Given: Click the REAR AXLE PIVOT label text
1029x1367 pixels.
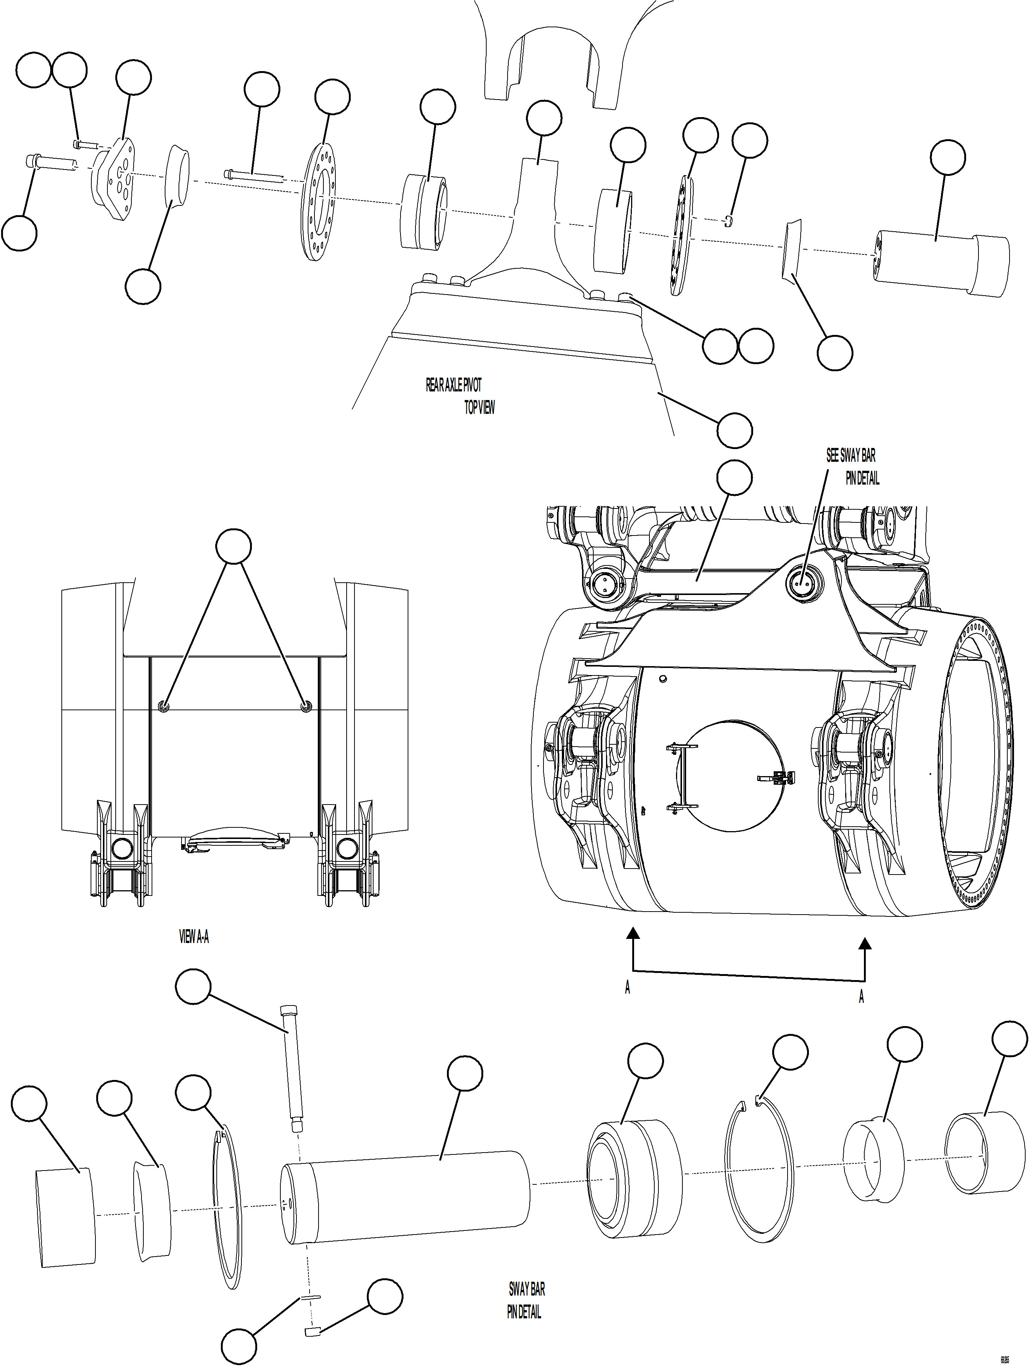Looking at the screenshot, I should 453,385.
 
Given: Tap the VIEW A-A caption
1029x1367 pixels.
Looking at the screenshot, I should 194,937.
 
